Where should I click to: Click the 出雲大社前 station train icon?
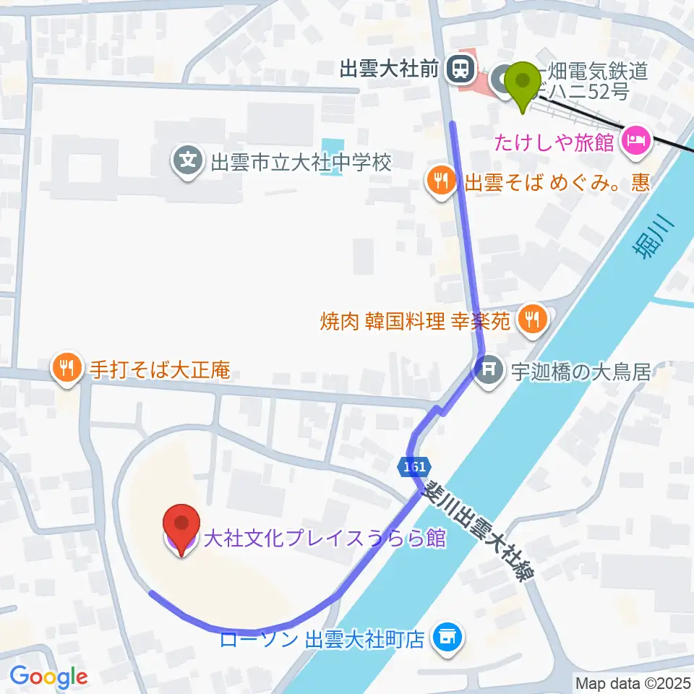(x=458, y=69)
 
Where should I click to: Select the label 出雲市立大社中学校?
(x=301, y=160)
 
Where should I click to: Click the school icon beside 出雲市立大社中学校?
(x=189, y=159)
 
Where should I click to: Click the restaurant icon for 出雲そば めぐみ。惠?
(x=440, y=179)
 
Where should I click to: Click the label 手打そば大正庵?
(x=160, y=371)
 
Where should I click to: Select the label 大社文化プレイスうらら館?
(x=324, y=539)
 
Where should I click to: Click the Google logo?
(x=48, y=677)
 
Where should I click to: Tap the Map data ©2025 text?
(x=633, y=682)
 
